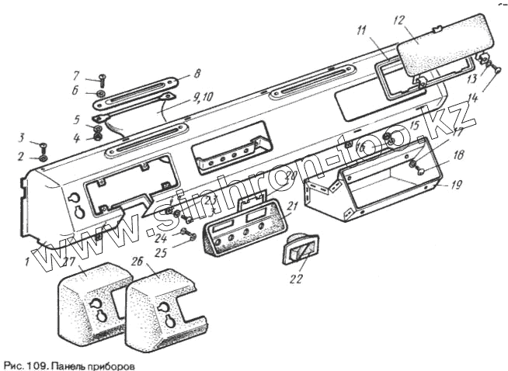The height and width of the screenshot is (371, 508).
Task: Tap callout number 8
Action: pyautogui.click(x=197, y=74)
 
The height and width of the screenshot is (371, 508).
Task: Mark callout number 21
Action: pyautogui.click(x=293, y=206)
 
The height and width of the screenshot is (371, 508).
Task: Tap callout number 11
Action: pyautogui.click(x=362, y=31)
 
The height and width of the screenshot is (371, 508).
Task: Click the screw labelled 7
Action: pyautogui.click(x=102, y=78)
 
